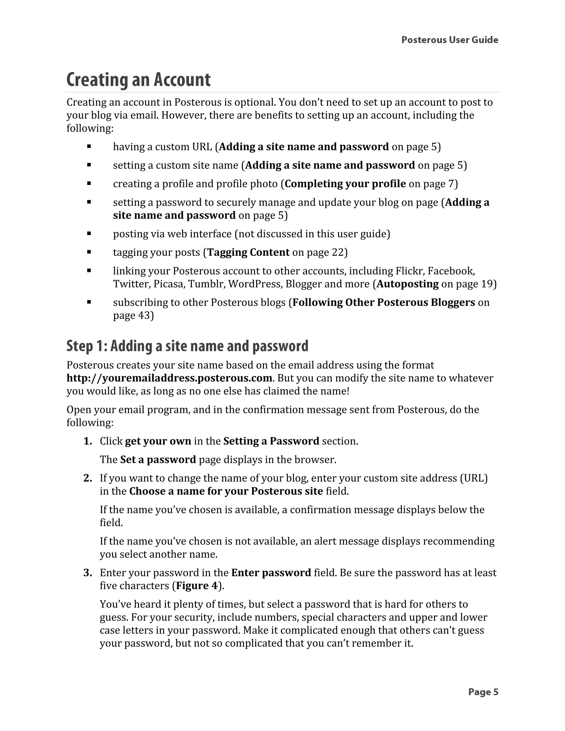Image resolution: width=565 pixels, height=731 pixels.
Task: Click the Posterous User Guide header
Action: coord(449,40)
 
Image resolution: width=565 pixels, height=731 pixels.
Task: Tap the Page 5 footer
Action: coord(483,692)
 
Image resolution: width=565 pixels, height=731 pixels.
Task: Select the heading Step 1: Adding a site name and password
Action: coord(187,346)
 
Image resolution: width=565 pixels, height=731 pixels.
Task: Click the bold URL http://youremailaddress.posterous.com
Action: coord(169,378)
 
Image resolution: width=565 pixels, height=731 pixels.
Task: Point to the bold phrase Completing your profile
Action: coord(345,184)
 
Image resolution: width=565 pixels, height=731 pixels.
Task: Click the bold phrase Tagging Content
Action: coord(248,252)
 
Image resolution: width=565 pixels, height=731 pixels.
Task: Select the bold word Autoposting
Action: coord(407,284)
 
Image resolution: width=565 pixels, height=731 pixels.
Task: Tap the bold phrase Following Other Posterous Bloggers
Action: coord(383,302)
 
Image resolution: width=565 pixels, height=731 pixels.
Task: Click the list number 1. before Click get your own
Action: coord(88,441)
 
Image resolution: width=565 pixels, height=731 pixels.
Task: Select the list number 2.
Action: coord(88,478)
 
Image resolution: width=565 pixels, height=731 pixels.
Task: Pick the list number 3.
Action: coord(88,573)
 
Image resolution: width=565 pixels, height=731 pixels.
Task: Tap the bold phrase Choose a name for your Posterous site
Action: coord(226,491)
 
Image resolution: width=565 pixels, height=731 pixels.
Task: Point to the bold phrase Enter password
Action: coord(271,573)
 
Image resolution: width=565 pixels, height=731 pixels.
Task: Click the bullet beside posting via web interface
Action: coord(89,234)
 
